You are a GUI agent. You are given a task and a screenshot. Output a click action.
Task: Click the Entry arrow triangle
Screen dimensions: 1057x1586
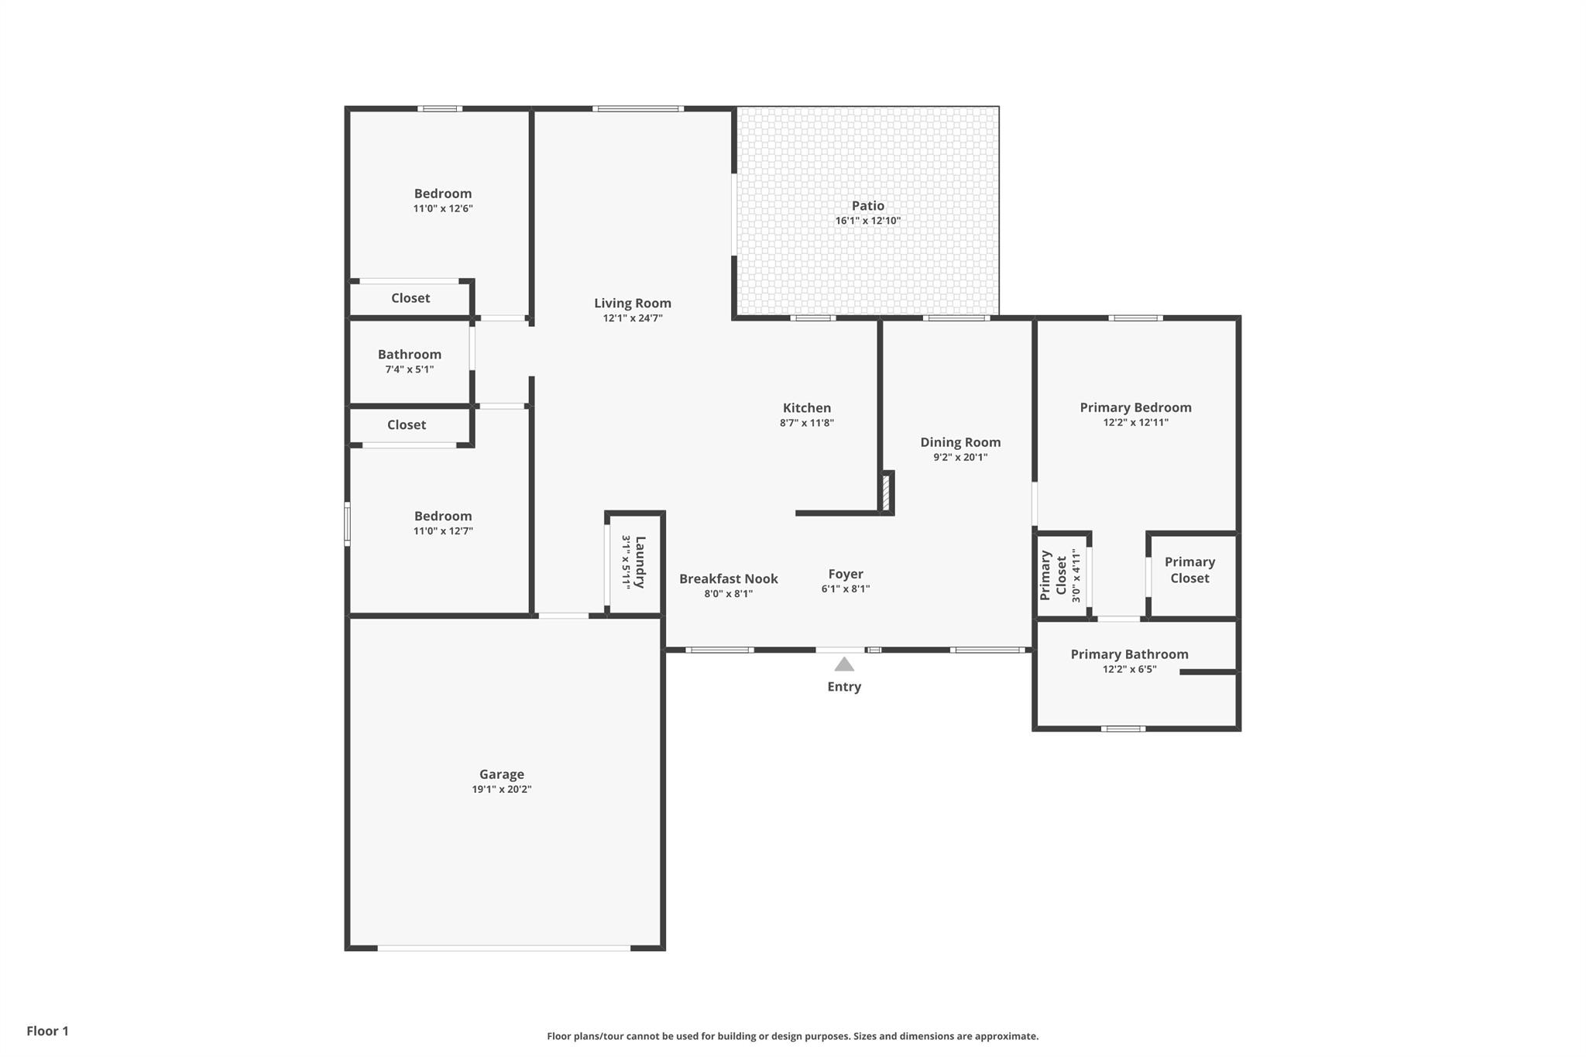pyautogui.click(x=844, y=664)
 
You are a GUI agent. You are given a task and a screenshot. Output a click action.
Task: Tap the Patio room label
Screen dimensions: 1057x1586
pyautogui.click(x=867, y=206)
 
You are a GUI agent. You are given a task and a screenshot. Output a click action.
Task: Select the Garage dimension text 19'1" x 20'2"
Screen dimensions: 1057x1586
pyautogui.click(x=502, y=789)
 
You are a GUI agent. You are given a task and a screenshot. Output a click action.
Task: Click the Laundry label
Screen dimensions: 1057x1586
pyautogui.click(x=640, y=562)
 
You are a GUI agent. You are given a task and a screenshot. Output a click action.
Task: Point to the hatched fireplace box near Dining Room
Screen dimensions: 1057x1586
pyautogui.click(x=887, y=492)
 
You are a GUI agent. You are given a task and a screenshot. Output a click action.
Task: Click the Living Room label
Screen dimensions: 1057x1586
pyautogui.click(x=633, y=304)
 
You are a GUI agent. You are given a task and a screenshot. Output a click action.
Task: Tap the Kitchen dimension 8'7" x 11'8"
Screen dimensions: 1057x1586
pyautogui.click(x=806, y=423)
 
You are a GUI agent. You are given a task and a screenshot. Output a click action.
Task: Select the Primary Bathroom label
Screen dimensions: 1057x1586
pyautogui.click(x=1129, y=654)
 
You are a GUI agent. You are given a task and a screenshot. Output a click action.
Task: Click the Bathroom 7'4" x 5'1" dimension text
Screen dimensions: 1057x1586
pyautogui.click(x=410, y=369)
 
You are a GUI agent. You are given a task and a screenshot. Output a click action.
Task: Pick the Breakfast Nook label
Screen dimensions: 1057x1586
pyautogui.click(x=728, y=578)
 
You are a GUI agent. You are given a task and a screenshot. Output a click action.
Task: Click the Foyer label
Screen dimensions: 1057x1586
pyautogui.click(x=845, y=574)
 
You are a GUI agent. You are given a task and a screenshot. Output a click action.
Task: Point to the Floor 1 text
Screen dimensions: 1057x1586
pyautogui.click(x=47, y=1031)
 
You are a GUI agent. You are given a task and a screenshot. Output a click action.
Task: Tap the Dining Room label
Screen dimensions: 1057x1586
pyautogui.click(x=960, y=442)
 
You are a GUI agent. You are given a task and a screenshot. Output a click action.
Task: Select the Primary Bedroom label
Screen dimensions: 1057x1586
pyautogui.click(x=1135, y=407)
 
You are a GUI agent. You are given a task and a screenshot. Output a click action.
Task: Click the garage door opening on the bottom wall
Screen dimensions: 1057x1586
pyautogui.click(x=503, y=948)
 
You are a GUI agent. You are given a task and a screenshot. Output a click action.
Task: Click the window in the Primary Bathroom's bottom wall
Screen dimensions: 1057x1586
pyautogui.click(x=1123, y=728)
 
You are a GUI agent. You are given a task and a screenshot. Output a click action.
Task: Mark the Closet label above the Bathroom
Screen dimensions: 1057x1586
pyautogui.click(x=410, y=298)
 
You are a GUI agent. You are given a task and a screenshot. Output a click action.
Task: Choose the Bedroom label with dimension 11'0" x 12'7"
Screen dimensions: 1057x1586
pyautogui.click(x=443, y=516)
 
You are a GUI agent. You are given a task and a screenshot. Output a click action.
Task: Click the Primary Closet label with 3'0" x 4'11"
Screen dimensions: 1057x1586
pyautogui.click(x=1054, y=575)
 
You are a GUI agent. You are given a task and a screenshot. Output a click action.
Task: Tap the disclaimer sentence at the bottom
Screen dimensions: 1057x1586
pyautogui.click(x=792, y=1036)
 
